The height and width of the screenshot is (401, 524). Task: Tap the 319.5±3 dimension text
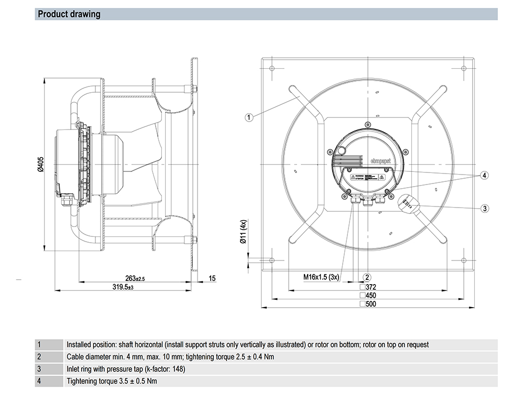[x=123, y=287]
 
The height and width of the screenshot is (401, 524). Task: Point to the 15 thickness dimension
[x=212, y=278]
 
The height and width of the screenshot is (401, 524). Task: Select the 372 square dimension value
[x=371, y=287]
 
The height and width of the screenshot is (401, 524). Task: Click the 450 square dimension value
[x=371, y=296]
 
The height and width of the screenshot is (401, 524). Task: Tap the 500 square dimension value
[x=371, y=304]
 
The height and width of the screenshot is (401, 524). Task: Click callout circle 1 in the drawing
[x=249, y=117]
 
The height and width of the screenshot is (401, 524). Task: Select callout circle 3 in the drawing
[x=485, y=208]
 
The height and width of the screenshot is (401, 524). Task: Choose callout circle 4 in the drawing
[x=485, y=175]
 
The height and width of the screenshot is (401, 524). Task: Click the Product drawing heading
[x=69, y=14]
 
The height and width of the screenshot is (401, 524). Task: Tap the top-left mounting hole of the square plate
[x=271, y=68]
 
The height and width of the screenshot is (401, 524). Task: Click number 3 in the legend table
[x=38, y=369]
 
